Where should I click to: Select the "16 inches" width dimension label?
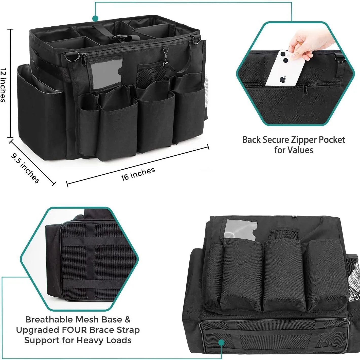point(138,174)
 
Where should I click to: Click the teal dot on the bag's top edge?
point(95,18)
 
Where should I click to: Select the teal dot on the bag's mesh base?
point(221,343)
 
